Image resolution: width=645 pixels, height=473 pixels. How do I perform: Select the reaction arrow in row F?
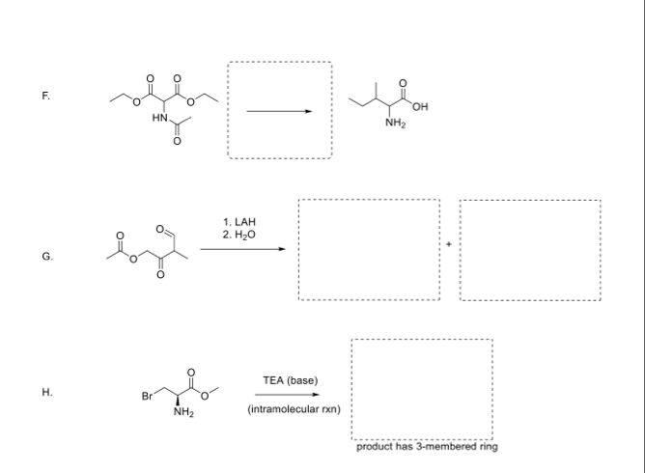(x=280, y=111)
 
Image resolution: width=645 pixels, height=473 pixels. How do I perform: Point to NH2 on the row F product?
(x=394, y=124)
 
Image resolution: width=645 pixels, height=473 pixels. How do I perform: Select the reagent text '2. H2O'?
(x=238, y=235)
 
